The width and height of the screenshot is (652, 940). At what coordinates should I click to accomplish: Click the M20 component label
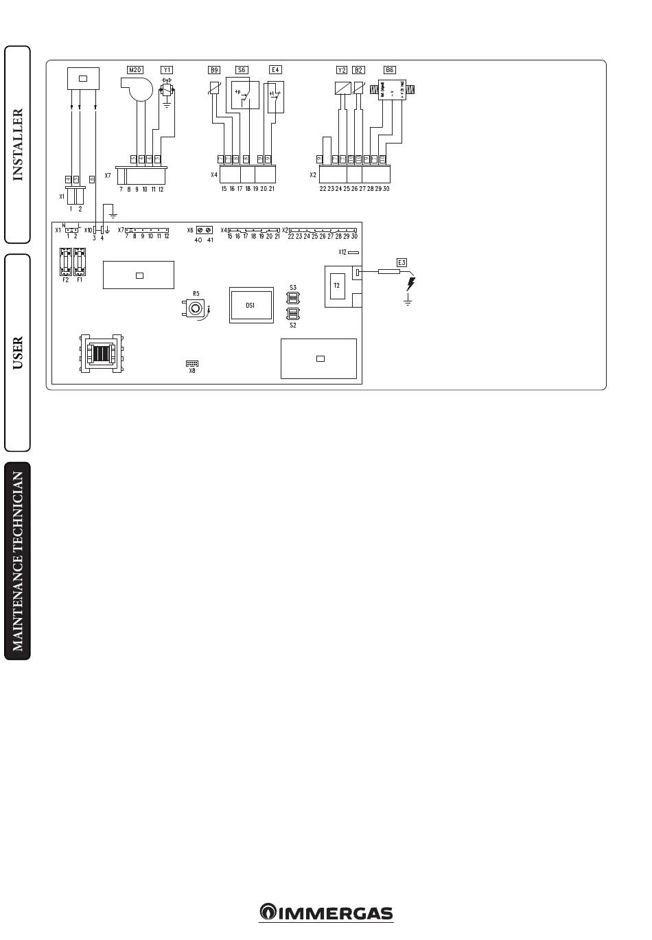pos(135,69)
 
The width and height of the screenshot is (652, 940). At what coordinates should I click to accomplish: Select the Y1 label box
pos(167,69)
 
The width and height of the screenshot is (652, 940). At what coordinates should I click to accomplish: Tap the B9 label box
pos(215,69)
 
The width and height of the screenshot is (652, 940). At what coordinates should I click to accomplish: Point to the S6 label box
pos(242,69)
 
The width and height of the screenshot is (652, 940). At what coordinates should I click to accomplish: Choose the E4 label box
pos(275,69)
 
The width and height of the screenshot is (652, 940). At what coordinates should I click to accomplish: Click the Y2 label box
pos(342,70)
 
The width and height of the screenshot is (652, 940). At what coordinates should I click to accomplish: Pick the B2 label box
pos(358,70)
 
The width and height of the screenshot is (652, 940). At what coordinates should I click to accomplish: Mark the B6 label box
pos(389,70)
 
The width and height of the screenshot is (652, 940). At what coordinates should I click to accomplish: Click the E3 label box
pos(401,263)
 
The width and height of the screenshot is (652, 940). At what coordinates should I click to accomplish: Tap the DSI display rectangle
pos(251,305)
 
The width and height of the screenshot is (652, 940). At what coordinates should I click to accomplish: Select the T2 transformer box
pos(336,286)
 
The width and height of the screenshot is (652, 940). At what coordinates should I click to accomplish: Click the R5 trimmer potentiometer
pos(196,309)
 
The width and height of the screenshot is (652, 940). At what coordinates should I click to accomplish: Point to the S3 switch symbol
pos(293,298)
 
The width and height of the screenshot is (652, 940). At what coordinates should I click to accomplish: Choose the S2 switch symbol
pos(293,314)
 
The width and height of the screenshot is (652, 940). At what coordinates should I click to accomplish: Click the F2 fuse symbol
pos(66,262)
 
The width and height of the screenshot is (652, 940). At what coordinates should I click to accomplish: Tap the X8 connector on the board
pos(192,363)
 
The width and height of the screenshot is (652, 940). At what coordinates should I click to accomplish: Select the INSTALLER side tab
pos(18,144)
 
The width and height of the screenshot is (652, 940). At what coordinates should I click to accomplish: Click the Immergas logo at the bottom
pos(326,913)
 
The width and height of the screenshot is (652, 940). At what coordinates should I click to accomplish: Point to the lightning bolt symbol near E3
pos(410,284)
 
